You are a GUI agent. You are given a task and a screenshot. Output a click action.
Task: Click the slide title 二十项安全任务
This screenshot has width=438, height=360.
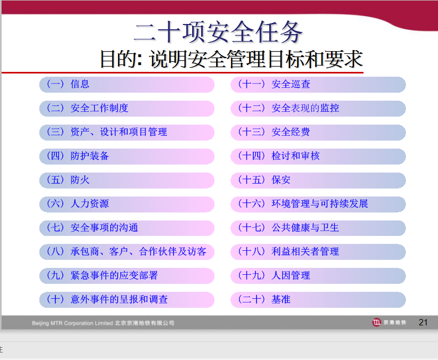coord(218,32)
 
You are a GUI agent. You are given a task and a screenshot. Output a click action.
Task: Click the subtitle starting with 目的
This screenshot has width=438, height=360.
coord(232,59)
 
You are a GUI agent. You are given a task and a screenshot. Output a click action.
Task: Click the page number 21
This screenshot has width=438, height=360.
coord(423,323)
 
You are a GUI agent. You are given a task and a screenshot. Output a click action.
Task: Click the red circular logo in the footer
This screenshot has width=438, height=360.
coord(377,322)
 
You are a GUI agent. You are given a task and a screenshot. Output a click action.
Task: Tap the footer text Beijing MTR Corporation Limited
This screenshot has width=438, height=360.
coord(72,323)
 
